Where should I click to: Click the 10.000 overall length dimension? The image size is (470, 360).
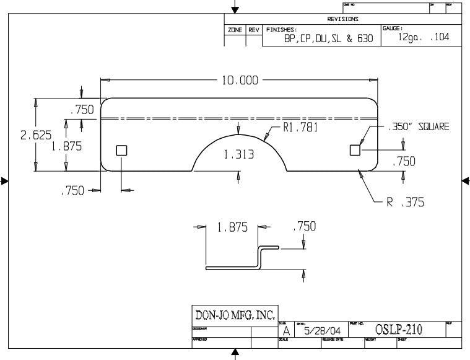240,81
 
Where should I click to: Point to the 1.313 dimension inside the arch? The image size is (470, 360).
238,156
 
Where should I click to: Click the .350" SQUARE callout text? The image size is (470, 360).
418,126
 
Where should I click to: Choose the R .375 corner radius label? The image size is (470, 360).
406,202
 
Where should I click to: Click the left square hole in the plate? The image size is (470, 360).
121,150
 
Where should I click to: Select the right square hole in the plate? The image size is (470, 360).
355,149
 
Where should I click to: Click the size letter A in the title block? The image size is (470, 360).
285,332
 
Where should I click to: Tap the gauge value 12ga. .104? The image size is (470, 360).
424,37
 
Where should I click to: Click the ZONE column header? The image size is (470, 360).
235,30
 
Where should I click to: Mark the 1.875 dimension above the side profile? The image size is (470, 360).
232,227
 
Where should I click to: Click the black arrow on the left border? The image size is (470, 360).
4,181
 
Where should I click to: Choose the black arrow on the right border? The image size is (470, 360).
466,180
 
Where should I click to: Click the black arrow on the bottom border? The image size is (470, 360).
235,354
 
